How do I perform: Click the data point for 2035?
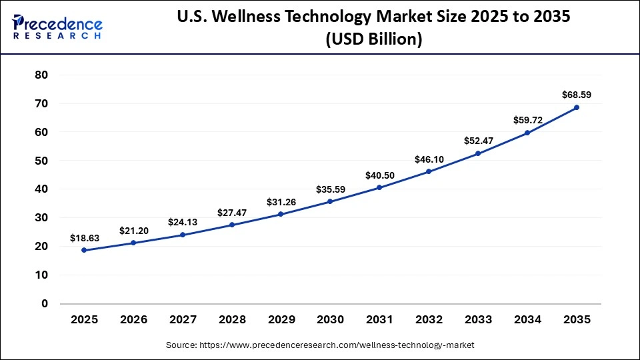576,107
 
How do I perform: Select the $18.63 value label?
84,238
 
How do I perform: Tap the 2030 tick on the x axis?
330,320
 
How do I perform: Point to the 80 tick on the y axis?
41,75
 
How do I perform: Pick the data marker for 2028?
232,225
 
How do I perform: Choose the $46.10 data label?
428,160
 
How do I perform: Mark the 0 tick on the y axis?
45,304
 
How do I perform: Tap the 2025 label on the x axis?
84,320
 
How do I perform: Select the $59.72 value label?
527,121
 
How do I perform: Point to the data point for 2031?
379,187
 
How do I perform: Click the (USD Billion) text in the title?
373,40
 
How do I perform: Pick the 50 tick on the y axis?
41,161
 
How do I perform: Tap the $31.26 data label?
281,202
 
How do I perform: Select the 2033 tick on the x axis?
477,320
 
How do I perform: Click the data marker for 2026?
133,243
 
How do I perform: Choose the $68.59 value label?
576,95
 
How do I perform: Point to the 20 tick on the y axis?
41,247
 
